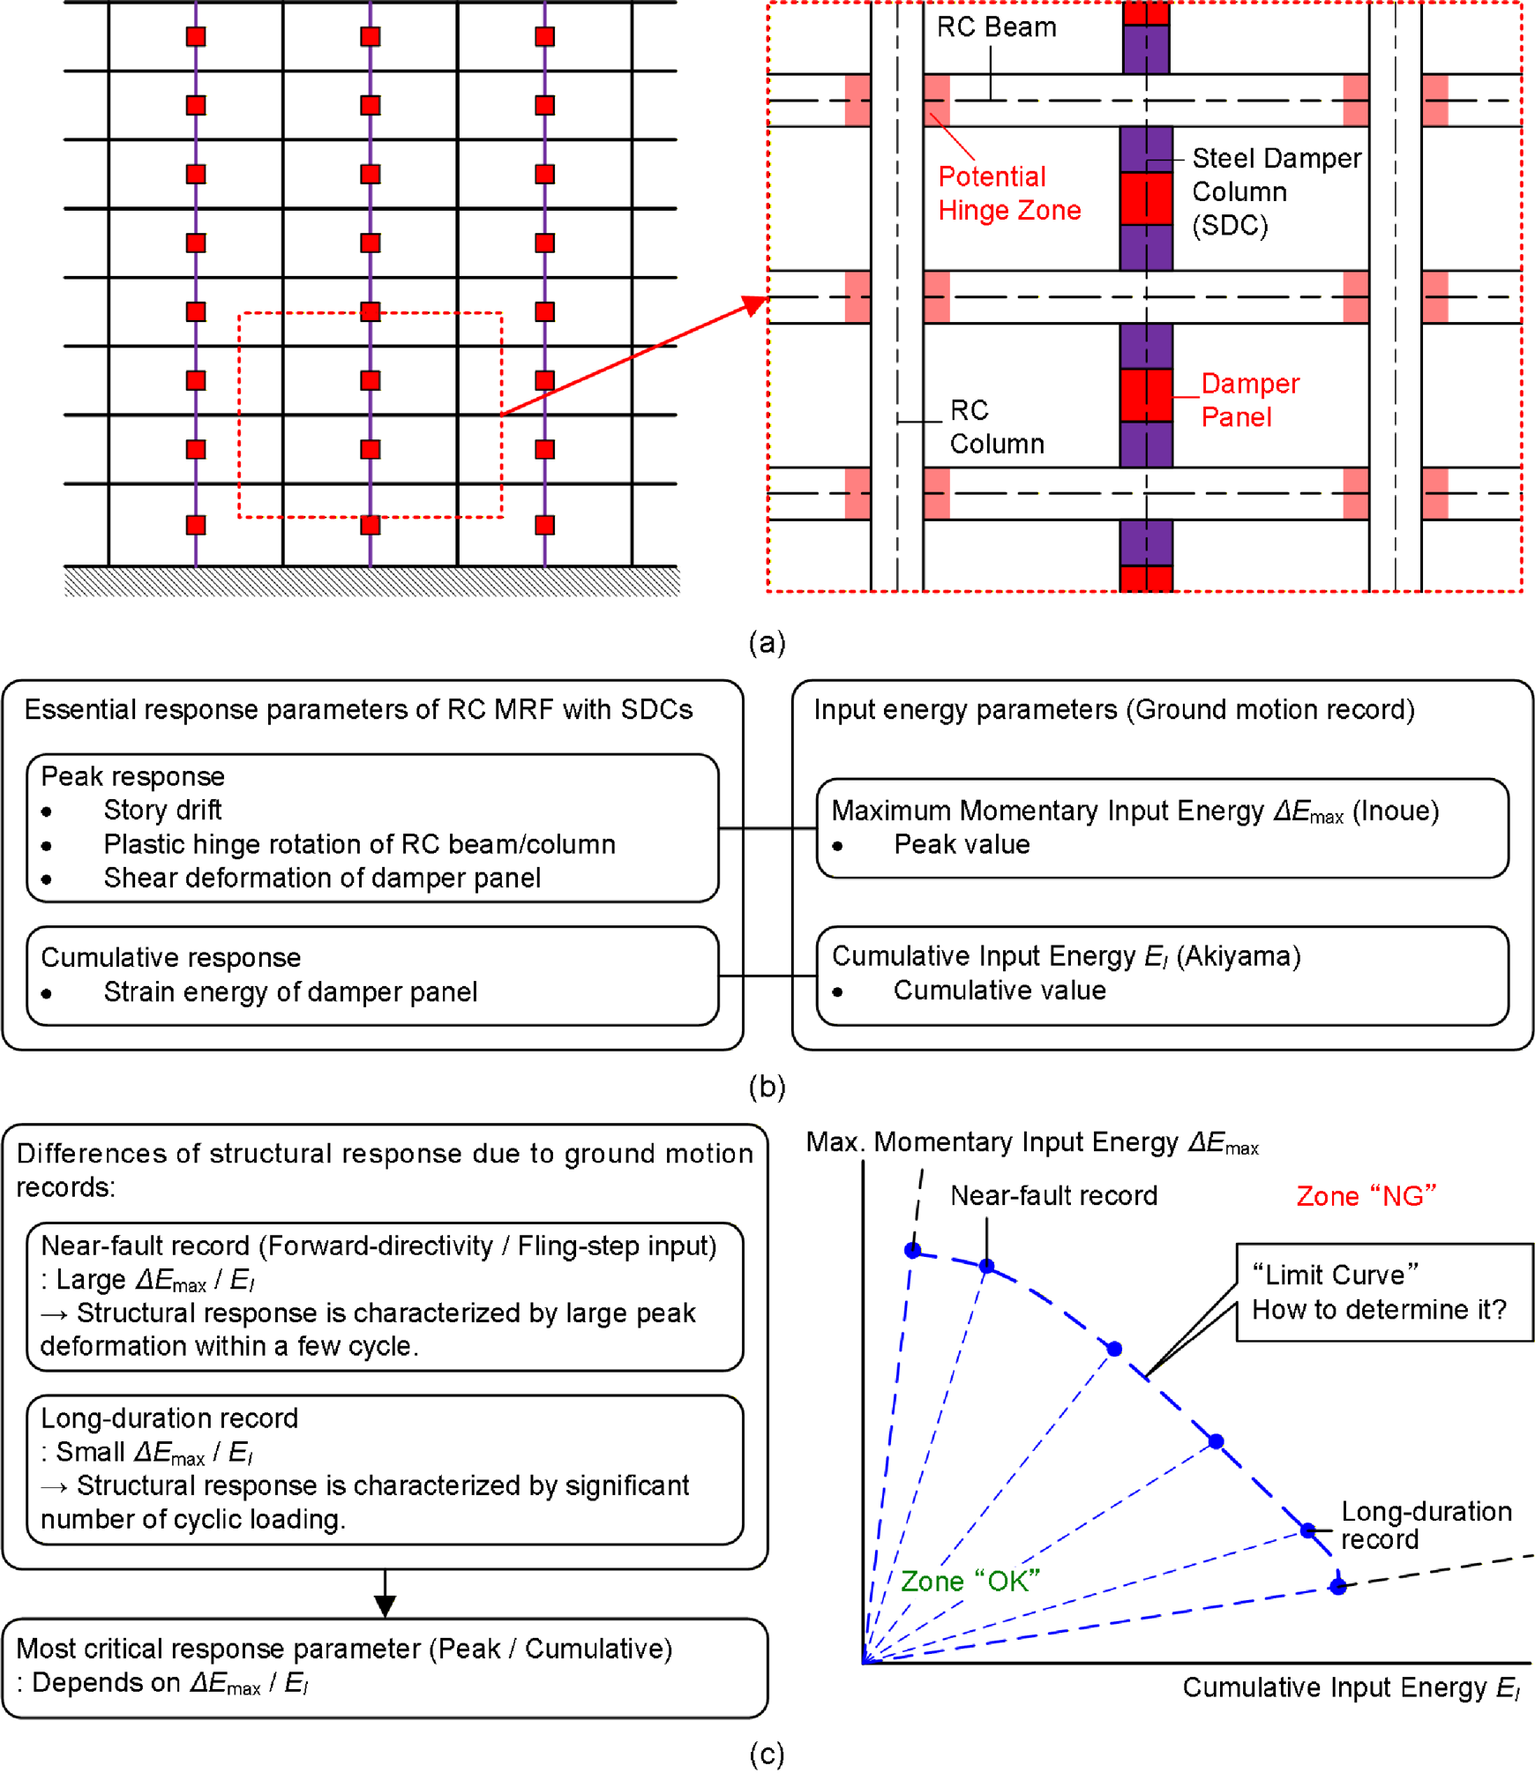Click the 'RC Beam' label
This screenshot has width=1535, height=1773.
coord(996,27)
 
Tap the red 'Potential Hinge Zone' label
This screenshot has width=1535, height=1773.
coord(1008,193)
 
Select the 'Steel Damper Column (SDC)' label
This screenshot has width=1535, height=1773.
coord(1275,191)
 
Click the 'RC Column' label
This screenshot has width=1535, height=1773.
coord(996,427)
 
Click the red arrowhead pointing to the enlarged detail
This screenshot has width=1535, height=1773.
coord(754,305)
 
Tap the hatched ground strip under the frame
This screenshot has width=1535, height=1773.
coord(371,581)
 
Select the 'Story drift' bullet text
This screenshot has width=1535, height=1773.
coord(162,810)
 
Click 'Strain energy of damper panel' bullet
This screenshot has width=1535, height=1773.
coord(290,991)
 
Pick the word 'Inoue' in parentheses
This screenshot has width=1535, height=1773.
coord(1395,811)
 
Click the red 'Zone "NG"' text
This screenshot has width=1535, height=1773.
coord(1366,1196)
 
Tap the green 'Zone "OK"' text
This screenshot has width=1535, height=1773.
coord(970,1581)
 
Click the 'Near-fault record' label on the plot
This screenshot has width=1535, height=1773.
coord(1053,1195)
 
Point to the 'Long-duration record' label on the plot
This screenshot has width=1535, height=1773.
coord(1425,1525)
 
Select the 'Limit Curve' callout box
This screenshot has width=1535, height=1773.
coord(1383,1292)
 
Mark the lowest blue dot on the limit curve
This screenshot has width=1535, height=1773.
coord(1337,1587)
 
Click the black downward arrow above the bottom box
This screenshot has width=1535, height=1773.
coord(385,1603)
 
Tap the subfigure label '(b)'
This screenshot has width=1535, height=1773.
coord(767,1086)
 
